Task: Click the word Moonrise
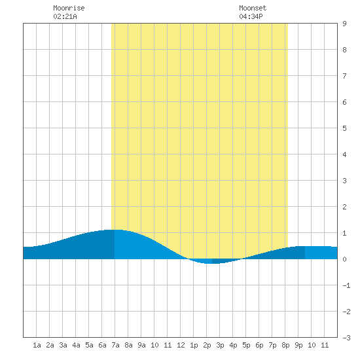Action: (x=69, y=8)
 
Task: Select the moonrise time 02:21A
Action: (x=65, y=16)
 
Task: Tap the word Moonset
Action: (x=253, y=8)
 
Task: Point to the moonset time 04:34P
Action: (x=251, y=16)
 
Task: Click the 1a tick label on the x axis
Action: (x=37, y=345)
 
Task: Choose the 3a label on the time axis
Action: (x=63, y=345)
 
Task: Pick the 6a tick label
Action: (x=102, y=345)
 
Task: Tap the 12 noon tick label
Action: (x=181, y=345)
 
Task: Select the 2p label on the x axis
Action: (x=207, y=346)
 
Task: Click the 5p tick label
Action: (x=246, y=346)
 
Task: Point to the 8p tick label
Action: (x=285, y=346)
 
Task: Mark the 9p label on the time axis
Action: (x=298, y=346)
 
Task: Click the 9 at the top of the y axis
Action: (x=344, y=24)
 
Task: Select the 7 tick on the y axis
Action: (x=344, y=76)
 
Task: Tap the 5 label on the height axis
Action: (x=344, y=128)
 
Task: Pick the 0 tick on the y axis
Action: (x=344, y=259)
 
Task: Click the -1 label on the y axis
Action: (x=346, y=285)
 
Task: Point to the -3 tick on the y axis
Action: (x=346, y=338)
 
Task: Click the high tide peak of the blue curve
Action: (x=114, y=230)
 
